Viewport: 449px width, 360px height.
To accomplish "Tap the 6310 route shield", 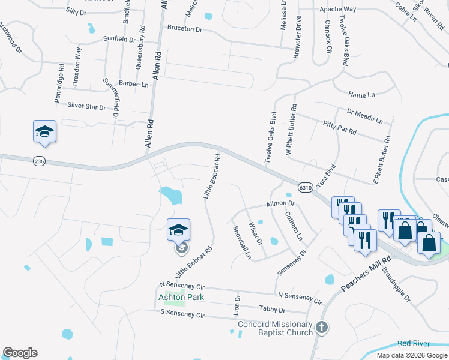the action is pyautogui.click(x=305, y=187).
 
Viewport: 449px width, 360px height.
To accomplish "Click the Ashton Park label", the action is pyautogui.click(x=181, y=297).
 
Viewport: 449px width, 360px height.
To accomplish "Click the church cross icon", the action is pyautogui.click(x=322, y=328).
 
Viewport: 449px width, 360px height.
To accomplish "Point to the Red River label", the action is pyautogui.click(x=414, y=344).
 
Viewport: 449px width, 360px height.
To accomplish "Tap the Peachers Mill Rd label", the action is pyautogui.click(x=365, y=277).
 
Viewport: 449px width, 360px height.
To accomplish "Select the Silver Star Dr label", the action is pyautogui.click(x=86, y=106).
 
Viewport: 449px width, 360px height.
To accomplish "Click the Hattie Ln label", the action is pyautogui.click(x=361, y=94).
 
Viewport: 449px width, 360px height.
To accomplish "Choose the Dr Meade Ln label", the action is pyautogui.click(x=364, y=116).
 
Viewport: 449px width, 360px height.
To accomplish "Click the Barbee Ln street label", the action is pyautogui.click(x=133, y=85).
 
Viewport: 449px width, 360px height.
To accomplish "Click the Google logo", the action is pyautogui.click(x=20, y=353).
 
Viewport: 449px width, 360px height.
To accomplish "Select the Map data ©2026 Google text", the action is pyautogui.click(x=411, y=355).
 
